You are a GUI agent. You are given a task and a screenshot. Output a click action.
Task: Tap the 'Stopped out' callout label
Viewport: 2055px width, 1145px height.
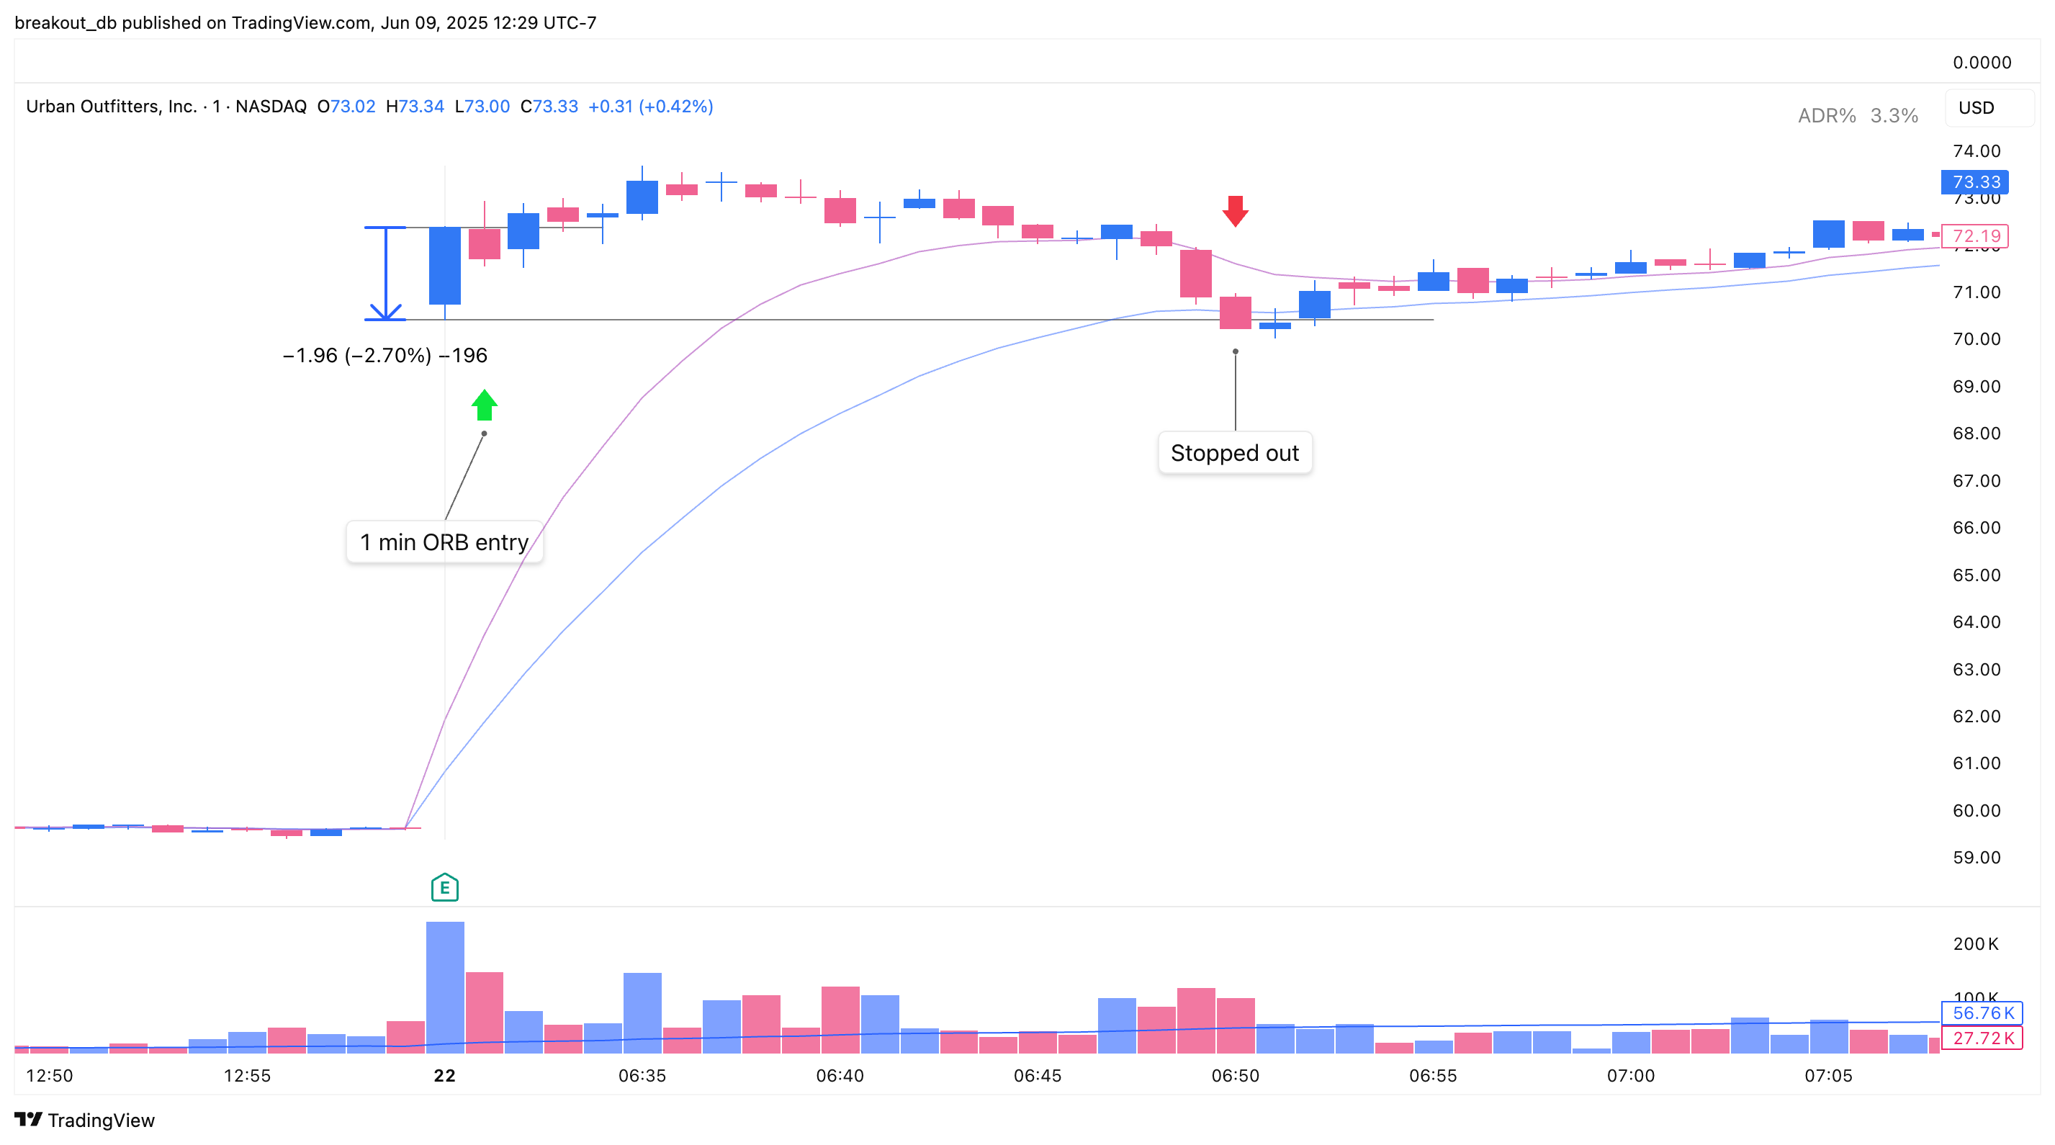pos(1234,453)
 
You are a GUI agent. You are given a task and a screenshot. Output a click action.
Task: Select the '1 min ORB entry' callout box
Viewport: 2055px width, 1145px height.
pos(444,542)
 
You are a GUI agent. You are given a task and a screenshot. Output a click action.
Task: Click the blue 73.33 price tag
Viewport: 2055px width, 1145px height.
pos(1974,182)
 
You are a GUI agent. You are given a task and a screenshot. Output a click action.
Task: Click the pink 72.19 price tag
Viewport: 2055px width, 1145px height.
pos(1974,236)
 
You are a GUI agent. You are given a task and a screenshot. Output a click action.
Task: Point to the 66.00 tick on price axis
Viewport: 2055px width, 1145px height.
pos(1976,527)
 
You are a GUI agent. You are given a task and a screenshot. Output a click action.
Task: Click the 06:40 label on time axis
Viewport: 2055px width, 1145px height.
pos(840,1076)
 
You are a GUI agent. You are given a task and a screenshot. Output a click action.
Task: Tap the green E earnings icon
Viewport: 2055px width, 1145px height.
pos(444,887)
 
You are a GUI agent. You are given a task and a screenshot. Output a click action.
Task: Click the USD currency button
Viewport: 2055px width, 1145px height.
pos(1976,108)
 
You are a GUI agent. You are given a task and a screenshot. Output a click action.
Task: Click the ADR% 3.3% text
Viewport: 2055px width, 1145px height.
pos(1857,116)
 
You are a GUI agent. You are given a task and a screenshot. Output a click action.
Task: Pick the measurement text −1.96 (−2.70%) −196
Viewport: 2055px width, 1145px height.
pos(385,355)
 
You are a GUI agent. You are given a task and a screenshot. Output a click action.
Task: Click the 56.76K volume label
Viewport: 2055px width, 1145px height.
pos(1982,1013)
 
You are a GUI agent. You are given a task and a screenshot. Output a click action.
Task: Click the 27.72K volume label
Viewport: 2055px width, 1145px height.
pos(1982,1038)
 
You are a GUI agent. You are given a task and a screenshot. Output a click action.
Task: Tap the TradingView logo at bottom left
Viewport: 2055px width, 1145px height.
pos(84,1121)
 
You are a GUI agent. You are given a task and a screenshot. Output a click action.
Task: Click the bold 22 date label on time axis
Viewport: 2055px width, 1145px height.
pos(444,1076)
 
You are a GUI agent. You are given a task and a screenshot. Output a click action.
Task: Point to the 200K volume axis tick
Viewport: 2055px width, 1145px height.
pos(1975,944)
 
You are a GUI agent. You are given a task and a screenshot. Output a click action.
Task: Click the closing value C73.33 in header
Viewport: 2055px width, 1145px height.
pos(549,106)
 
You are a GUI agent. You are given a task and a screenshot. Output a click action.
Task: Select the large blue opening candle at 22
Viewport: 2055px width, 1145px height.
pos(444,266)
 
